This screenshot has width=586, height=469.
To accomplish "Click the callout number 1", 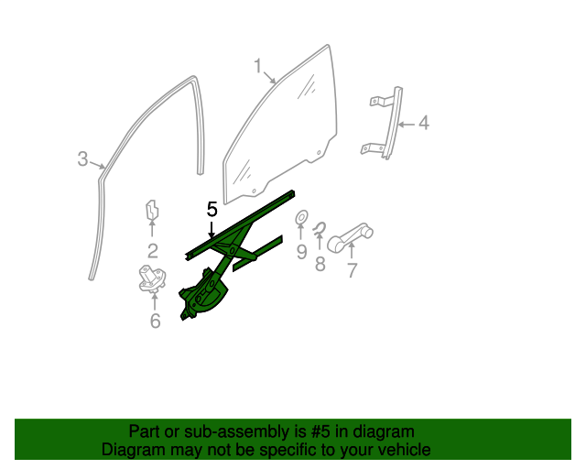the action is (x=258, y=66).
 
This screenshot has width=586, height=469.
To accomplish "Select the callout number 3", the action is (x=82, y=158).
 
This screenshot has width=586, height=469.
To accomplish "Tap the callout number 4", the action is (x=423, y=123).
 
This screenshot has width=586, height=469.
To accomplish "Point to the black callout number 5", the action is (x=212, y=209).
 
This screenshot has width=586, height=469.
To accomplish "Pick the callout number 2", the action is (x=152, y=251).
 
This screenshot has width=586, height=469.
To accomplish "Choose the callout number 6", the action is (x=155, y=321).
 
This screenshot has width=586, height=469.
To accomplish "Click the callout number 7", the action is (x=352, y=270).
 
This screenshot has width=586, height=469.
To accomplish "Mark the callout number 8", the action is (x=320, y=264).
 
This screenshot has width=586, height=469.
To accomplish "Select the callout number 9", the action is (x=301, y=252).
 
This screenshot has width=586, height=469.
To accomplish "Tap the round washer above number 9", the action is (x=301, y=217).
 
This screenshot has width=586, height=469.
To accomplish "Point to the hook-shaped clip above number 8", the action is (x=320, y=228).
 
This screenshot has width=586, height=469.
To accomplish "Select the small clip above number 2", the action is (x=151, y=211).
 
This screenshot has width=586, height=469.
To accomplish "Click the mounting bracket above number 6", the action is (x=153, y=278).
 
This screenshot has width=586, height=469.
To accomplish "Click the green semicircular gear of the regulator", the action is (x=212, y=298).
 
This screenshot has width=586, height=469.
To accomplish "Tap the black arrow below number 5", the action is (x=212, y=230).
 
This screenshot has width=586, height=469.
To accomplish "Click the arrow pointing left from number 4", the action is (x=406, y=125).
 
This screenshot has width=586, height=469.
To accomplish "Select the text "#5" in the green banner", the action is (x=320, y=432).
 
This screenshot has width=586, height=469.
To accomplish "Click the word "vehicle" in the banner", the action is (x=407, y=450).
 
